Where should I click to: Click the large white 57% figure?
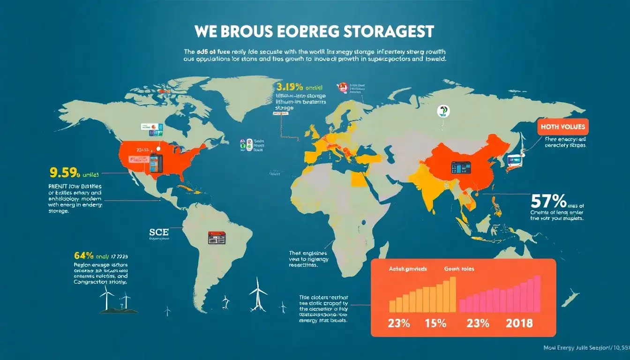[x=548, y=201]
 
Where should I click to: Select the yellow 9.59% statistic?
[x=65, y=173]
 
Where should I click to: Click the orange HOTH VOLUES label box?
[x=562, y=126]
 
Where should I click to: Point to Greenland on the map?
[x=248, y=94]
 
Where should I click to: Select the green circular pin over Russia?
[x=442, y=111]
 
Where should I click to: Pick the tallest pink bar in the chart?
[x=537, y=293]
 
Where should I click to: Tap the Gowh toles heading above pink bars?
[x=459, y=269]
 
